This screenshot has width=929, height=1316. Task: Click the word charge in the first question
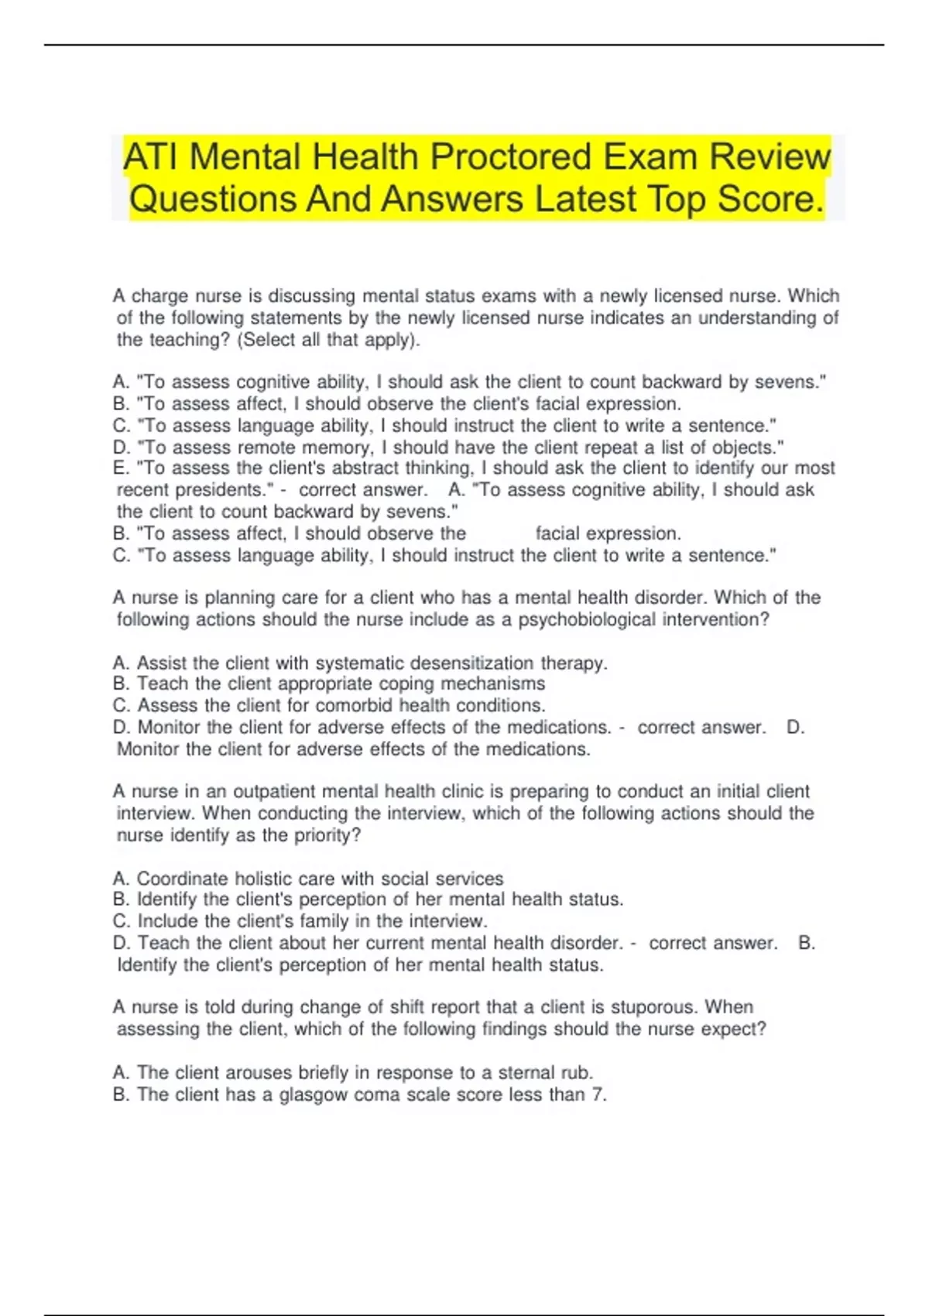click(159, 296)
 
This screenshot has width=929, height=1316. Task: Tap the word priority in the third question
click(325, 835)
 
